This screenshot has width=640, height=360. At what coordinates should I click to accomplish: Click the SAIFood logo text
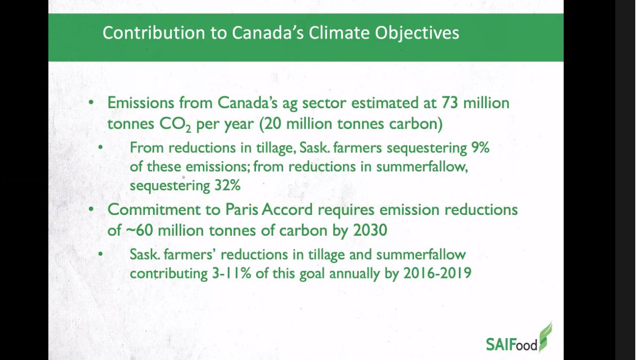click(511, 341)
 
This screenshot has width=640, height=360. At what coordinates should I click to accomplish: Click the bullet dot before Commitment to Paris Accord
click(93, 209)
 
